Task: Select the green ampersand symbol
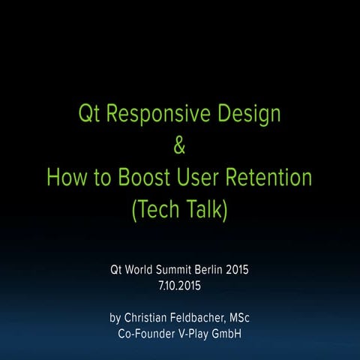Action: pyautogui.click(x=179, y=148)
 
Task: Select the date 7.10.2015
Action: pyautogui.click(x=179, y=285)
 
